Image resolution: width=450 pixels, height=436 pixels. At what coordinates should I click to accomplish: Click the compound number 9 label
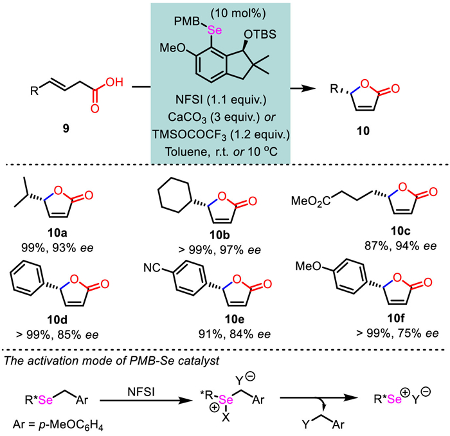click(x=66, y=129)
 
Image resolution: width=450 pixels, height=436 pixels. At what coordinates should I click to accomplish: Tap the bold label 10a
click(x=57, y=233)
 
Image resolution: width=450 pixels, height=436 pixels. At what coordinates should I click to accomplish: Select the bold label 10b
click(x=220, y=235)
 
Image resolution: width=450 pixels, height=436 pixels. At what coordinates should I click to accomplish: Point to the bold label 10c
click(x=401, y=230)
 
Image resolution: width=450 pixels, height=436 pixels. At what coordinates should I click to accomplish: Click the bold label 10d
click(x=57, y=320)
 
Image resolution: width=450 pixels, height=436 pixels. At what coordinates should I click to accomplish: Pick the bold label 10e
click(x=235, y=319)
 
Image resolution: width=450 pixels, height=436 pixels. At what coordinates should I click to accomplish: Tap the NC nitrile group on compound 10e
click(x=152, y=268)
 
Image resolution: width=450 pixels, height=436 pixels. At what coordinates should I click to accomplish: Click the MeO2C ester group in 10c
click(x=310, y=201)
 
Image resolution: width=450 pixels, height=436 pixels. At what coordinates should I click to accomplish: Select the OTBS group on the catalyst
click(x=260, y=35)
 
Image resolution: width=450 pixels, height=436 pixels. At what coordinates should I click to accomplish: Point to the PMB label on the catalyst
click(x=186, y=21)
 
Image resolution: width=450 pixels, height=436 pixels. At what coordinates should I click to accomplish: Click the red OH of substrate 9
click(x=114, y=82)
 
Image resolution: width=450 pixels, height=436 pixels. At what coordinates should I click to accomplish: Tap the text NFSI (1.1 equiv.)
click(x=221, y=100)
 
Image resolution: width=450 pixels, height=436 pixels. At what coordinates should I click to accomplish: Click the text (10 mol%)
click(x=239, y=14)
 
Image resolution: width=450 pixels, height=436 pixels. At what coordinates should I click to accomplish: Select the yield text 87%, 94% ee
click(x=401, y=246)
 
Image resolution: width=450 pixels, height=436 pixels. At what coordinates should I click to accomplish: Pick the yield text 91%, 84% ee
click(x=235, y=334)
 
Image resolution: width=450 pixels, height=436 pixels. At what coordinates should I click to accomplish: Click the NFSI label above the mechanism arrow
click(x=141, y=392)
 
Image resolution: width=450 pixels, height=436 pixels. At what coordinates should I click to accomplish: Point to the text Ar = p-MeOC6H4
click(x=58, y=425)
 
